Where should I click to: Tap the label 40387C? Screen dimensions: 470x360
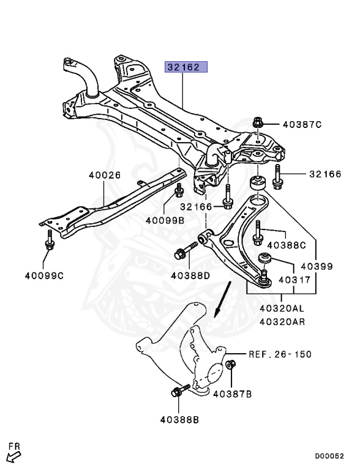pyautogui.click(x=302, y=124)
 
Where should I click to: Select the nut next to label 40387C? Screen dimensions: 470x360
pyautogui.click(x=258, y=123)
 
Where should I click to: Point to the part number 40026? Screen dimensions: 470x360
pyautogui.click(x=103, y=174)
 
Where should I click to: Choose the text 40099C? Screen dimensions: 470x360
pyautogui.click(x=43, y=275)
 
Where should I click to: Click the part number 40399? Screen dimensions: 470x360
pyautogui.click(x=317, y=267)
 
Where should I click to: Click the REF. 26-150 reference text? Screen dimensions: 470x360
pyautogui.click(x=280, y=354)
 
